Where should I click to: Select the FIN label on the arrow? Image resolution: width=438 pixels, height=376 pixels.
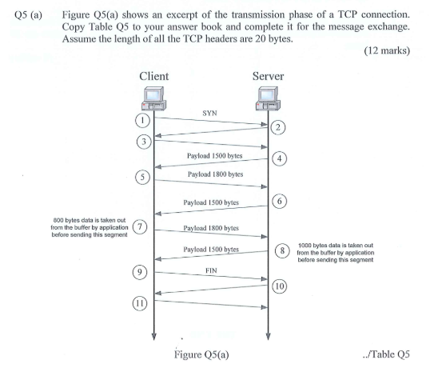coord(212,270)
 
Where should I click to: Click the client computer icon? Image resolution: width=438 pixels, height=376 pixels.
coord(154,98)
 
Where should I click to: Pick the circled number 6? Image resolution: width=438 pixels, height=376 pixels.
coord(281,201)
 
